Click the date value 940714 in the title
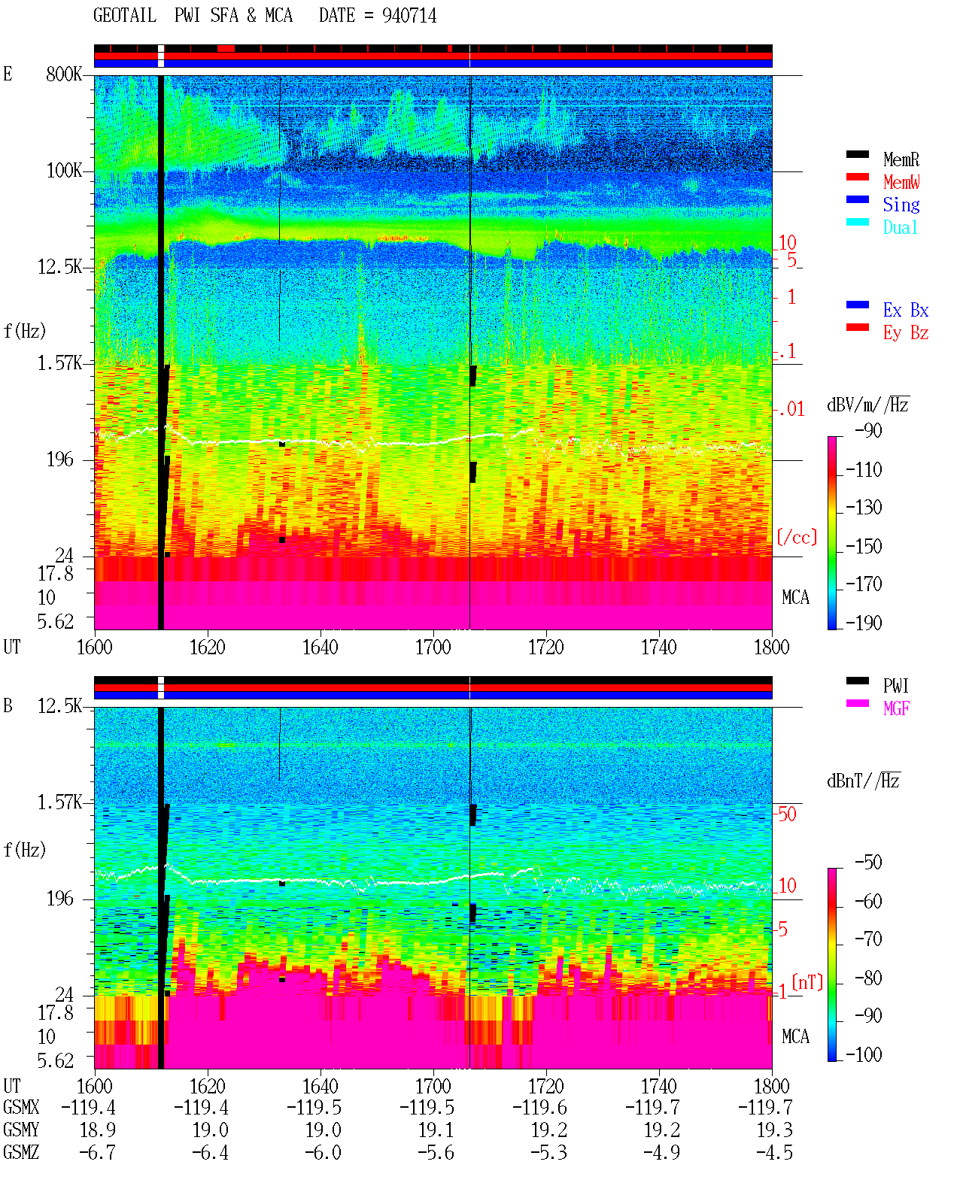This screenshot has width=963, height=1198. click(409, 16)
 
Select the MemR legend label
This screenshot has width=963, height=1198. click(901, 159)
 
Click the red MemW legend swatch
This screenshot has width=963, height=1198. click(857, 177)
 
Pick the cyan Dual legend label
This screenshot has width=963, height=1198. click(900, 227)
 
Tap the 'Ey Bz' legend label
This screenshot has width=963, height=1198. click(905, 332)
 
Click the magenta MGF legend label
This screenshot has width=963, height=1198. click(896, 708)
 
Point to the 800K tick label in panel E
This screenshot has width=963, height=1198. click(64, 74)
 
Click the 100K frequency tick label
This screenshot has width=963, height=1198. click(64, 171)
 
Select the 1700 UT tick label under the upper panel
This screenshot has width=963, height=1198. click(433, 647)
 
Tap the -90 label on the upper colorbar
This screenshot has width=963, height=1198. click(868, 430)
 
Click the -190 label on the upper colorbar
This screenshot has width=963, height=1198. click(864, 623)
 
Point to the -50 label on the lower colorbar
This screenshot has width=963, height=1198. click(868, 863)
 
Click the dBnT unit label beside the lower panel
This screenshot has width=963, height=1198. click(863, 781)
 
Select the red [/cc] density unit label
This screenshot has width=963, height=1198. click(797, 537)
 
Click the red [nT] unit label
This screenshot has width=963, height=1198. click(807, 982)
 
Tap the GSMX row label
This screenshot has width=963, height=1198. click(21, 1107)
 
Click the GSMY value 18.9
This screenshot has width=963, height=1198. click(98, 1130)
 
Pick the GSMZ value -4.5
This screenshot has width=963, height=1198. click(774, 1152)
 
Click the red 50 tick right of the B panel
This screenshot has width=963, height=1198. click(787, 814)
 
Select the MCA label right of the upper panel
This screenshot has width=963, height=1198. click(795, 597)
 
